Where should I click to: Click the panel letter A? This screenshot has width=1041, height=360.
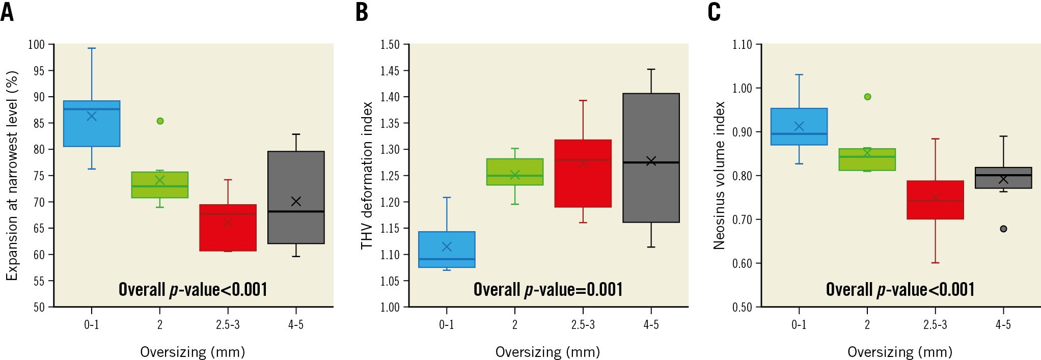click(7, 12)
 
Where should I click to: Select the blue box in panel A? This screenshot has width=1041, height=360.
click(92, 124)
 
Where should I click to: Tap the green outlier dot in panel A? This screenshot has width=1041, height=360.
click(160, 121)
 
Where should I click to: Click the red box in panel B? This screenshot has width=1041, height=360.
click(583, 174)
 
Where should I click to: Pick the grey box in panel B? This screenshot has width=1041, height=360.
click(651, 158)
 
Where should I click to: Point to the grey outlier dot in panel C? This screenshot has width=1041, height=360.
click(1003, 229)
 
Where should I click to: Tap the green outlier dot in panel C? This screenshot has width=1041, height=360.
click(867, 97)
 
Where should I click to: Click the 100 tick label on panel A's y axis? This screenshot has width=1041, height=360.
click(36, 45)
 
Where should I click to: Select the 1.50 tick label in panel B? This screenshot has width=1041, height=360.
click(390, 45)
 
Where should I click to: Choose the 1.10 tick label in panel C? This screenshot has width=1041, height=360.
click(742, 45)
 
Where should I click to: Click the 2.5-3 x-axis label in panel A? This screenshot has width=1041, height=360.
click(228, 325)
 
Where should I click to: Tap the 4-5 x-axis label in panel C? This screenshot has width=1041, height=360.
click(1003, 325)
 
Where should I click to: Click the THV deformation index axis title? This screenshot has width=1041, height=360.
click(367, 176)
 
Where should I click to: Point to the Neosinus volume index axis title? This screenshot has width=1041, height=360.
click(719, 176)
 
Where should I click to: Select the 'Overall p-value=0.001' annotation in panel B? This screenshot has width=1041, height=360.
click(548, 289)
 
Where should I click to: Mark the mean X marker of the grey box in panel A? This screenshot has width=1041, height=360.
click(296, 202)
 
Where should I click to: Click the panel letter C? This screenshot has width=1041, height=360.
click(714, 12)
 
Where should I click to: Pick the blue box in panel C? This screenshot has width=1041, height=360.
click(799, 127)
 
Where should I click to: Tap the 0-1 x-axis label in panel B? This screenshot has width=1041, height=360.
click(447, 325)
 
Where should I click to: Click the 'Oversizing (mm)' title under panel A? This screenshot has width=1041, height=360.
click(193, 352)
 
